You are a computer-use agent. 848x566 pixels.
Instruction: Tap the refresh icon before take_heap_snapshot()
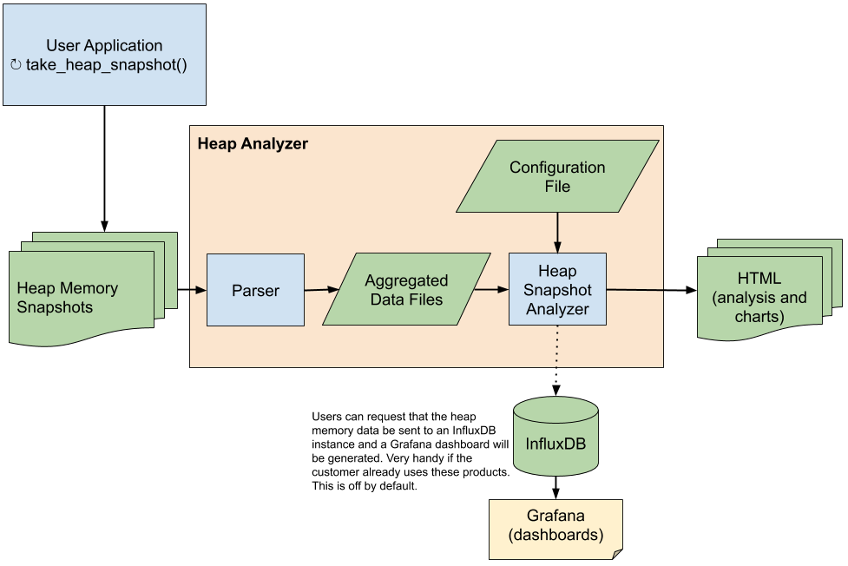click(16, 65)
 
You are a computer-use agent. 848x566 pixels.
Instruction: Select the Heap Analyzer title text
click(253, 144)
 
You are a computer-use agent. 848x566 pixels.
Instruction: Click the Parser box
click(255, 290)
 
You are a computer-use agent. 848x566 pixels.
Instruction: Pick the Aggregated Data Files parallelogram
click(406, 290)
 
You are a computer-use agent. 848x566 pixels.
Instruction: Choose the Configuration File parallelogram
click(557, 176)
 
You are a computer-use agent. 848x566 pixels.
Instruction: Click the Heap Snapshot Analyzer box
click(557, 290)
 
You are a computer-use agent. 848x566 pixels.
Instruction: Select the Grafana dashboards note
click(555, 526)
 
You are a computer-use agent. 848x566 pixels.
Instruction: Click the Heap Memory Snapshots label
click(68, 298)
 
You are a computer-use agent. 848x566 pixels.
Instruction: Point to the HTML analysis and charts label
click(759, 298)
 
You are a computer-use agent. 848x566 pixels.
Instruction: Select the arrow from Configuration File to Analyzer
click(557, 233)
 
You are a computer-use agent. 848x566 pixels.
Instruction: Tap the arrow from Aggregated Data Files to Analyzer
click(490, 289)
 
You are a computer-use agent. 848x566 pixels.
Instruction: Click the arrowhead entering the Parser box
click(201, 290)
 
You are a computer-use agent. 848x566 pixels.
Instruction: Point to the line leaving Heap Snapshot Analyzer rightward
click(634, 289)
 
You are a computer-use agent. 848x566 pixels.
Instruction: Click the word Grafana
click(555, 516)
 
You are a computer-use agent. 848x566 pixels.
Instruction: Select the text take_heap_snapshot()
click(106, 65)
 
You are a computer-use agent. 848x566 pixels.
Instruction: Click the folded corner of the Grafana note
click(617, 554)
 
